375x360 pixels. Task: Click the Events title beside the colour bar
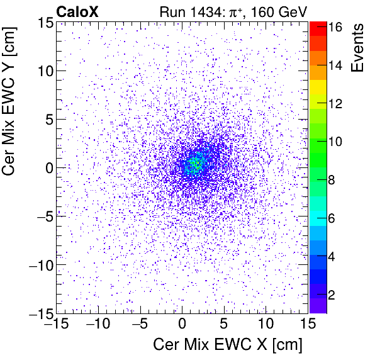359,47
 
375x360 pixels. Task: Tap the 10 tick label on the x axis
266,325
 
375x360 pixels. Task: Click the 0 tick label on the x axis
182,325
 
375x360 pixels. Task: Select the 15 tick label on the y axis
43,23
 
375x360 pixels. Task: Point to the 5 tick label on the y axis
47,119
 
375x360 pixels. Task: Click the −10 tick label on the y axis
39,265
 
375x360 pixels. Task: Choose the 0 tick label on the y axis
47,167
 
